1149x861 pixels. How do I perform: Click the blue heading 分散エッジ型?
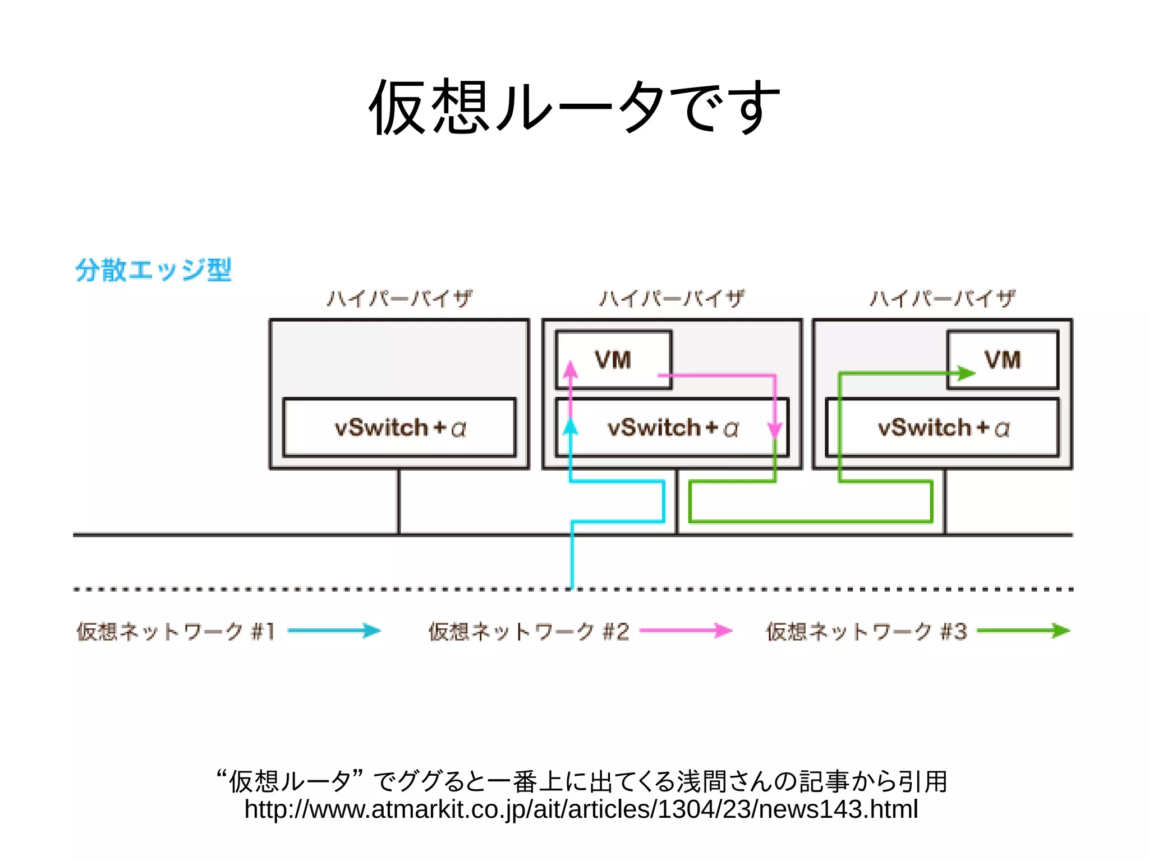pos(153,270)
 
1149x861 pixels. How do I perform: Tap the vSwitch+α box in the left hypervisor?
pos(399,428)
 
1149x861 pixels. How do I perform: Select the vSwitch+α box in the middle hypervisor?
pos(672,428)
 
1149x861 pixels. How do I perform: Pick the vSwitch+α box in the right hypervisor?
pos(943,428)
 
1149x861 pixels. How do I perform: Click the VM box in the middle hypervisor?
pos(613,360)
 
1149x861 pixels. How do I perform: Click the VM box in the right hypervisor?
pos(1003,360)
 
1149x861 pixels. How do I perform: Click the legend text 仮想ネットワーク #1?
pos(176,632)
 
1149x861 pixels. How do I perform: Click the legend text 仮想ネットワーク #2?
pos(528,632)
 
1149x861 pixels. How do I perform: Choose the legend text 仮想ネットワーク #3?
pos(866,632)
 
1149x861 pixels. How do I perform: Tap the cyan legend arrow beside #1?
pos(334,630)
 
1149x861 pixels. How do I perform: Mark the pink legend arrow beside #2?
pos(686,630)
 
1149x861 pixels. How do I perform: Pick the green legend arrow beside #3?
pos(1023,630)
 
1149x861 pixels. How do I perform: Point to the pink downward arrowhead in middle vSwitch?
pos(775,431)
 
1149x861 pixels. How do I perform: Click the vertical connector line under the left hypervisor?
pos(399,501)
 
